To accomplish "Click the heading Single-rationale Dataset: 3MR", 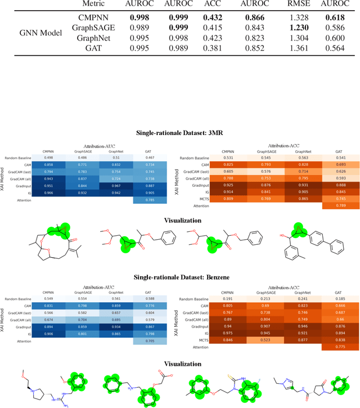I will click(179, 133).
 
